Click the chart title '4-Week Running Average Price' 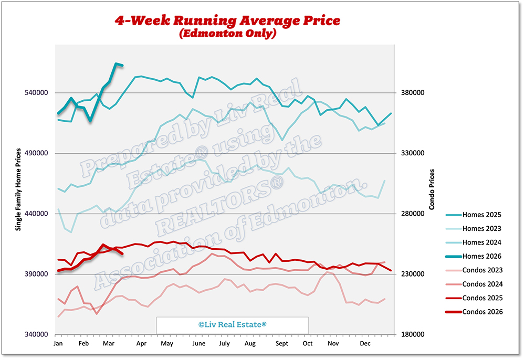(228, 21)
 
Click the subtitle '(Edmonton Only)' (228, 34)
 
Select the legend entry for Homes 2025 (481, 215)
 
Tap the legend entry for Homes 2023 (481, 229)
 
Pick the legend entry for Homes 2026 (481, 256)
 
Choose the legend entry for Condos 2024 (482, 284)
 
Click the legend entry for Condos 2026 (482, 312)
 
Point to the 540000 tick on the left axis (37, 93)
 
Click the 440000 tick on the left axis (37, 214)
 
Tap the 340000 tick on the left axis (37, 335)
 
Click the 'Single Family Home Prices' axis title (18, 189)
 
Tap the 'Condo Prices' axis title (432, 189)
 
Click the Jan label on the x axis (58, 343)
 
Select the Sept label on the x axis (282, 343)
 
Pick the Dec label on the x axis (364, 343)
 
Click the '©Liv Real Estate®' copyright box (232, 325)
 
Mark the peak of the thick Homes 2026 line (116, 64)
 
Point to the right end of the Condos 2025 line (391, 271)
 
